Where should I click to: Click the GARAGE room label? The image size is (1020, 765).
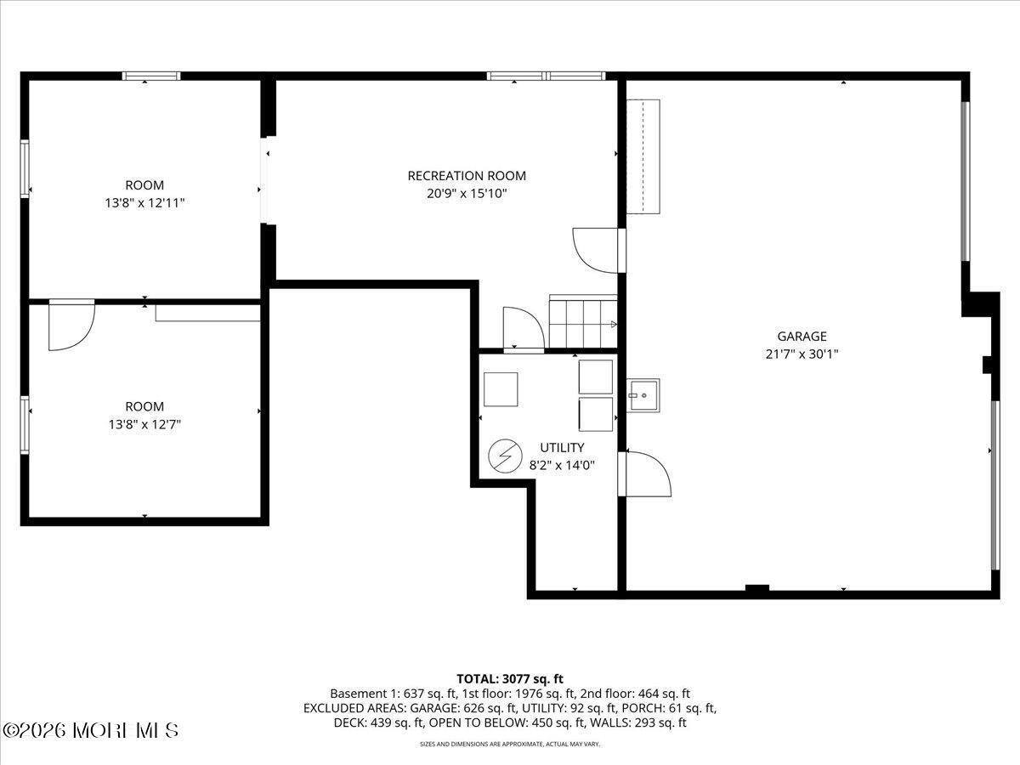point(801,337)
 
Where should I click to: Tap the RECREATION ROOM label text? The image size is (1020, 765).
point(467,176)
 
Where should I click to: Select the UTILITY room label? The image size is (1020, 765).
point(562,447)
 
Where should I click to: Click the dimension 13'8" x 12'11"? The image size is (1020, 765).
point(144,203)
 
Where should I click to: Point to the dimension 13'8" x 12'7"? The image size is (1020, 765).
point(144,424)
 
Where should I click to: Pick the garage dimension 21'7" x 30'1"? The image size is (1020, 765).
point(801,354)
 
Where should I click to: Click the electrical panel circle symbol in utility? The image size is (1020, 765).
point(505,456)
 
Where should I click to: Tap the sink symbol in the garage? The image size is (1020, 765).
point(643,394)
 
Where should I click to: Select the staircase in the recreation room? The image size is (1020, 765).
point(583,322)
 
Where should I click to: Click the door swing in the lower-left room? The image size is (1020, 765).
point(70,324)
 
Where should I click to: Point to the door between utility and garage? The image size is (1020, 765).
point(645,473)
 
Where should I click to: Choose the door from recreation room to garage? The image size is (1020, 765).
point(598,250)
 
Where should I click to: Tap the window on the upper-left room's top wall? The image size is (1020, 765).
point(151,76)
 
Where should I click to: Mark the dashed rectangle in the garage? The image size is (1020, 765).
point(643,156)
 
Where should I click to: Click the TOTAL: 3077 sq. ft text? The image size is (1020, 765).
point(510,678)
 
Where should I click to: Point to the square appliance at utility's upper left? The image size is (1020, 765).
point(501,389)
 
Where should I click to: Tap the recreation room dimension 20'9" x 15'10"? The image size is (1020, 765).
point(467,194)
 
